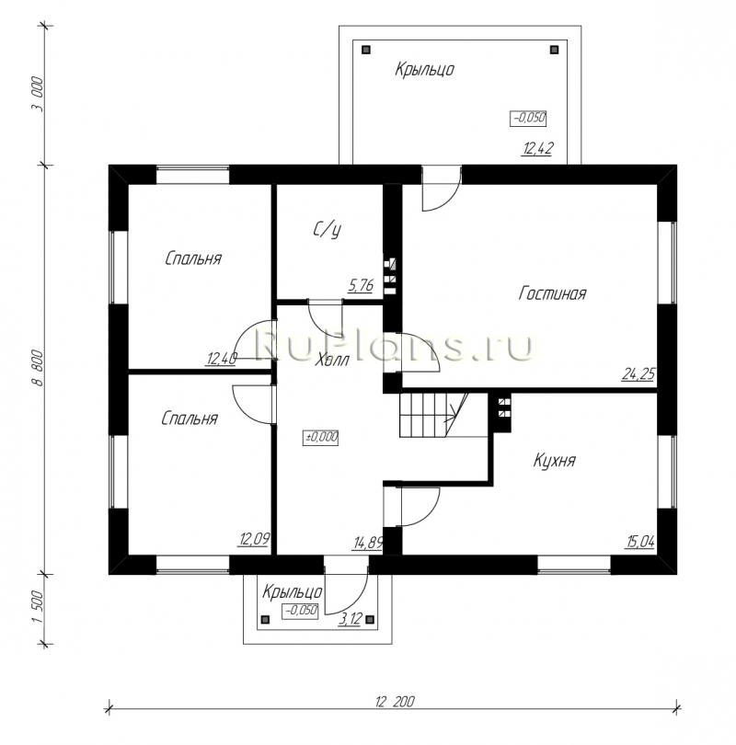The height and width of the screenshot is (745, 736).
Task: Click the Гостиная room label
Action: [x=552, y=293]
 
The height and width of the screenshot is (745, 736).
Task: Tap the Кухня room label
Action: [x=555, y=461]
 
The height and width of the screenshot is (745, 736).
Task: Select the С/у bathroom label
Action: [x=328, y=230]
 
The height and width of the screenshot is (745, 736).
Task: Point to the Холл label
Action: [x=332, y=360]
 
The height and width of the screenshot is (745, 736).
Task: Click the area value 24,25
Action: [x=638, y=374]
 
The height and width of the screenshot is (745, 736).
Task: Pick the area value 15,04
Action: [x=640, y=542]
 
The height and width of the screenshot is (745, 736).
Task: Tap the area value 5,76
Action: [x=361, y=285]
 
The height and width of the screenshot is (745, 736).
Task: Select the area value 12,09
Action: [x=255, y=539]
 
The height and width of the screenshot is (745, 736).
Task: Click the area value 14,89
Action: [x=368, y=542]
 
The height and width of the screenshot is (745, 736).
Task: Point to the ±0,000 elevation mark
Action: [x=321, y=437]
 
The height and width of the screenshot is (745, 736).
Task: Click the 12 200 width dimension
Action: [x=395, y=701]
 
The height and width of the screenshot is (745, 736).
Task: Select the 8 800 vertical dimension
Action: [x=38, y=368]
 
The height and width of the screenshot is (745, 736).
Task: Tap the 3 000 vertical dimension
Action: [x=38, y=94]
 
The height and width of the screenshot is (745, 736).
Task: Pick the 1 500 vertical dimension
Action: [x=38, y=608]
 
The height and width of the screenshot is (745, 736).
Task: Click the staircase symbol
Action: [x=433, y=414]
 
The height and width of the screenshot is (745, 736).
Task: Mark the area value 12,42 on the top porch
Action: [x=538, y=148]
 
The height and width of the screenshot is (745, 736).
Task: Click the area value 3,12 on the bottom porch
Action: [x=351, y=619]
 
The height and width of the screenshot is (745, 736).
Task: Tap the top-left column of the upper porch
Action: [x=366, y=50]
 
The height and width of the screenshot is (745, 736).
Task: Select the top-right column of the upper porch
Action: [x=554, y=50]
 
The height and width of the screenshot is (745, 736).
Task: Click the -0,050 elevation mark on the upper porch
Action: [x=528, y=118]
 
